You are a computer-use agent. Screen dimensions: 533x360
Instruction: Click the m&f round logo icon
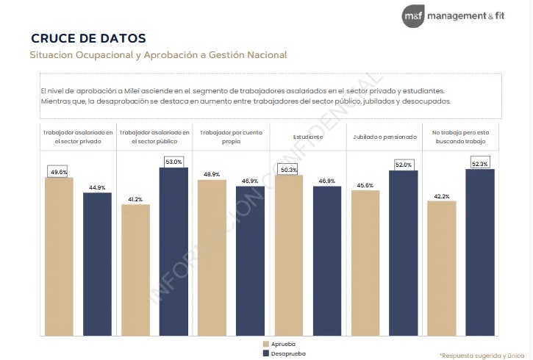(x=413, y=16)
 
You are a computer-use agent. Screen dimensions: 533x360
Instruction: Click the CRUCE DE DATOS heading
(x=88, y=38)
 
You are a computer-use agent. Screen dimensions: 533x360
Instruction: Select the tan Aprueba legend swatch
(x=266, y=344)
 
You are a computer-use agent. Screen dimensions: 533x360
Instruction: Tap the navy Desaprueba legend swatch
(x=266, y=353)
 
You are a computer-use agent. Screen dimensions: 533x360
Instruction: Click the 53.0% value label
(x=174, y=162)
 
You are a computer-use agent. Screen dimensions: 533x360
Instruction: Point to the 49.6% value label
(x=59, y=172)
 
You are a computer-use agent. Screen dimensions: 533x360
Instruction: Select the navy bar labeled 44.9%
(x=97, y=264)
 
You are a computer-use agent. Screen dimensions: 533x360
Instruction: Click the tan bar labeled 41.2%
(x=135, y=270)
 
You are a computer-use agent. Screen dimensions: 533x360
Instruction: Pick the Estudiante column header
(x=308, y=137)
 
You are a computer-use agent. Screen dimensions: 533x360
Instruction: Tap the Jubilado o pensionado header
(x=384, y=137)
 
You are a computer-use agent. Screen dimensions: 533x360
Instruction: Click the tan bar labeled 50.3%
(x=289, y=256)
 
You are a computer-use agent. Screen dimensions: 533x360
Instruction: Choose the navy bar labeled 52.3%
(x=480, y=252)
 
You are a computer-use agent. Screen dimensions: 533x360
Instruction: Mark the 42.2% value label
(x=442, y=196)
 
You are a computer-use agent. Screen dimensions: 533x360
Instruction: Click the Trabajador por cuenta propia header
(x=231, y=137)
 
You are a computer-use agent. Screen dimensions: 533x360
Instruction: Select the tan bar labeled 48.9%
(x=212, y=258)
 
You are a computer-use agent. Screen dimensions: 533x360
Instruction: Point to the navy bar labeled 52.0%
(x=404, y=253)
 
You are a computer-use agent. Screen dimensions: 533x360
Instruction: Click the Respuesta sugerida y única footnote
(x=482, y=356)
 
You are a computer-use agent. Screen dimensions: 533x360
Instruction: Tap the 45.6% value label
(x=365, y=185)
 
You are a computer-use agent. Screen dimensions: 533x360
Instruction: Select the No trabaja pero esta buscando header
(x=461, y=137)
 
